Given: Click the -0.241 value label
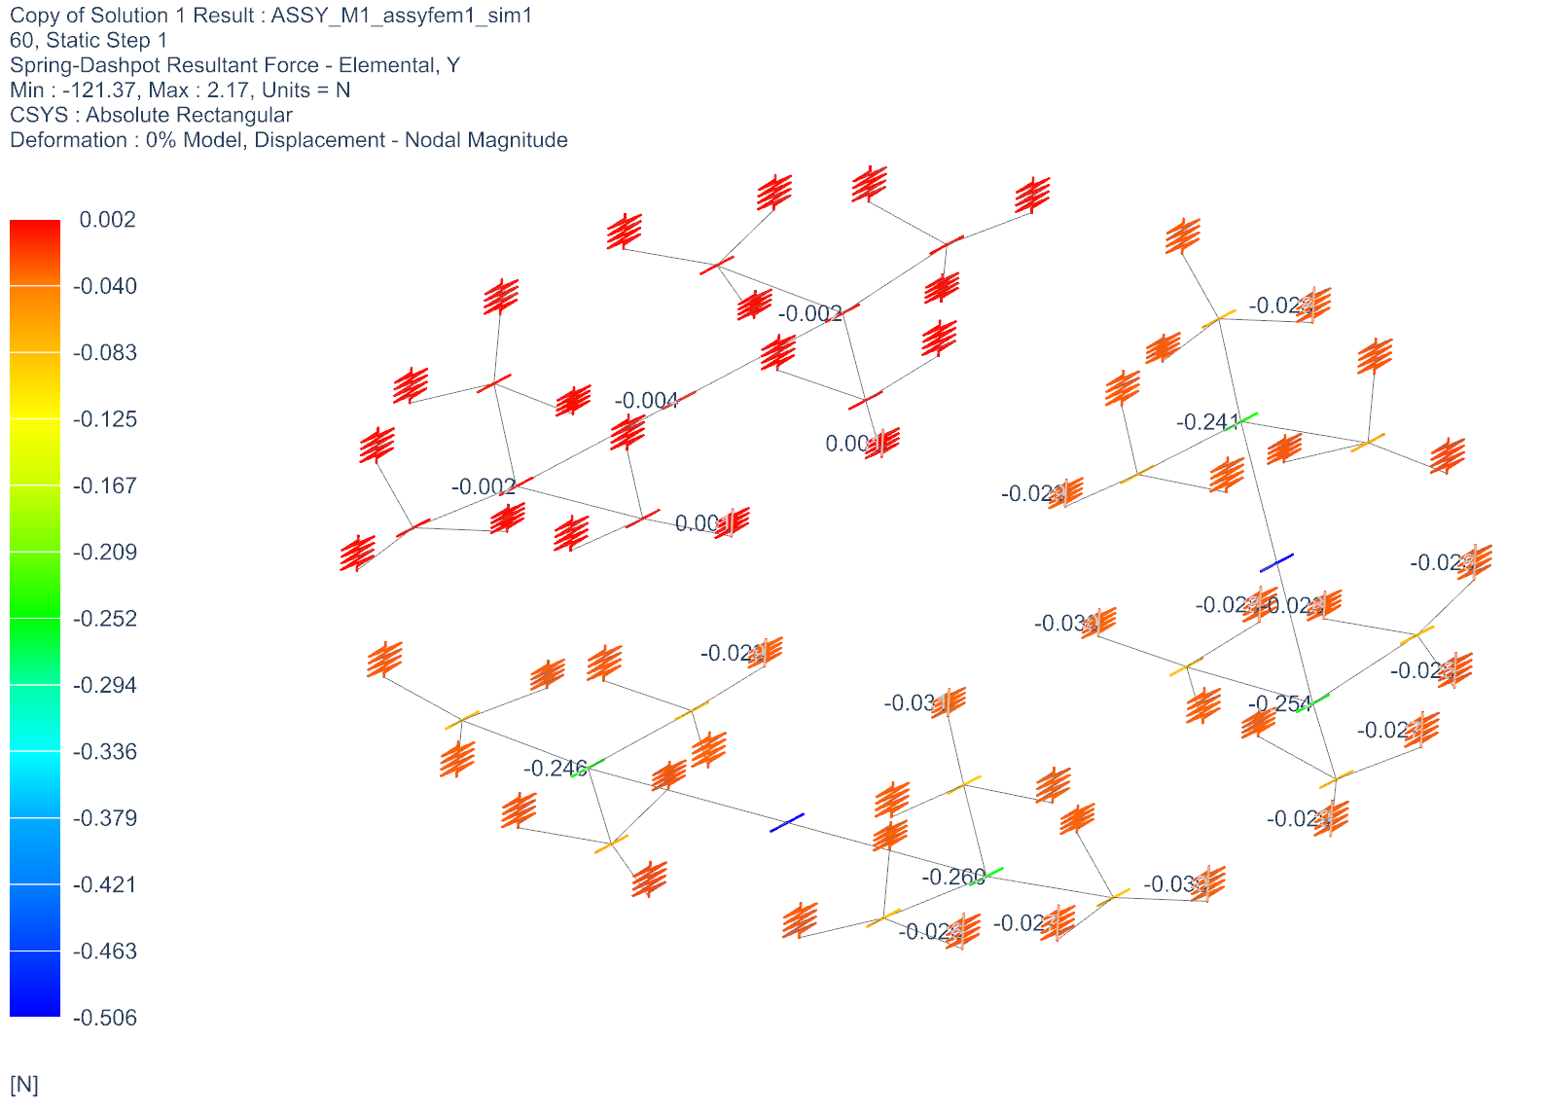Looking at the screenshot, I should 1207,422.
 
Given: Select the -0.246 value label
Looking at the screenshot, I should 555,769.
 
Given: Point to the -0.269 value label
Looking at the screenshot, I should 952,878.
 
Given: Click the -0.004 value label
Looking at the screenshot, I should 646,401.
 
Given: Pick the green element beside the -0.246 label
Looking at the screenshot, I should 588,768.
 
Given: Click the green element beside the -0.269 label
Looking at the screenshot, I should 986,876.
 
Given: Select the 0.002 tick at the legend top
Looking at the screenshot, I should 107,220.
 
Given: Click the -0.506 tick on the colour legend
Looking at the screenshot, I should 105,1018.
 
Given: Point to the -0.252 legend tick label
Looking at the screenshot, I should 105,619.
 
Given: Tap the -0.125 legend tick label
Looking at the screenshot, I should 105,419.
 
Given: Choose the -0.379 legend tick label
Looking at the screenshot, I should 105,818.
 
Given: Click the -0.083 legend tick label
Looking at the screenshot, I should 105,353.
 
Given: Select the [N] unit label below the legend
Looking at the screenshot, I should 24,1085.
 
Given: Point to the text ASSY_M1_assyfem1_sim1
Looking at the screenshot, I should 402,16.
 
